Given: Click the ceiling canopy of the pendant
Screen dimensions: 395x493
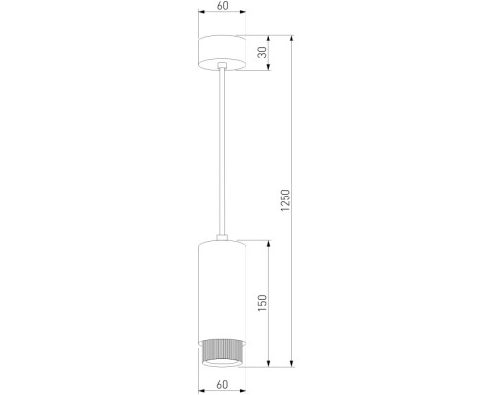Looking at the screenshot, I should coord(226,51).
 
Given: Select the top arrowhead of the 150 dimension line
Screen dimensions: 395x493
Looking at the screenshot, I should coord(266,242).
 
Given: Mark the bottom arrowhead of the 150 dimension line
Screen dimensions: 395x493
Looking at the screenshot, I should coord(266,365).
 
